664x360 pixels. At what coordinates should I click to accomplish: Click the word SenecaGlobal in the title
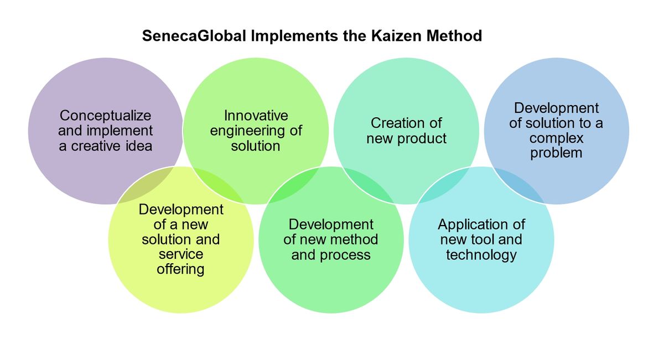tap(194, 36)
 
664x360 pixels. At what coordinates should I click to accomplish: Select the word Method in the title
tap(454, 36)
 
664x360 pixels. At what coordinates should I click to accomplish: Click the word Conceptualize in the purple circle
tap(105, 116)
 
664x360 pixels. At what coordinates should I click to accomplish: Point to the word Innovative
tap(256, 116)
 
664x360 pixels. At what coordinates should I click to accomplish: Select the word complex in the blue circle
tap(557, 138)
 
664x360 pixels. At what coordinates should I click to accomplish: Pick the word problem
tap(556, 153)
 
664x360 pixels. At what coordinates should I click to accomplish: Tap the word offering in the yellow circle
tap(180, 269)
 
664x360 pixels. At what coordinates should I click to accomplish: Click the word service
tap(181, 254)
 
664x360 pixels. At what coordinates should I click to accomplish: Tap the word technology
tap(481, 255)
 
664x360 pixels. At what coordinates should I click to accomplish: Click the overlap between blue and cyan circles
tap(519, 185)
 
